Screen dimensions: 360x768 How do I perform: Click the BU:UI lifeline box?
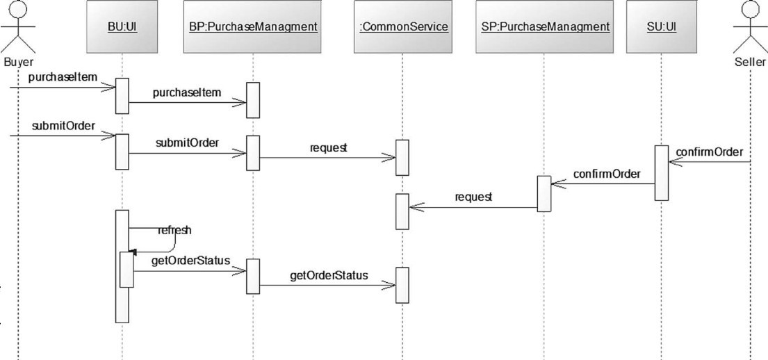tap(122, 27)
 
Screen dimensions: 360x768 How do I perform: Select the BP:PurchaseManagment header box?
tap(253, 27)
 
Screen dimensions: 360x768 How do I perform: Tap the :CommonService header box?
tap(401, 27)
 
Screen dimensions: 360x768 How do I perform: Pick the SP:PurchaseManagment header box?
tap(544, 27)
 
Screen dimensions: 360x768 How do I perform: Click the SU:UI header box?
tap(661, 27)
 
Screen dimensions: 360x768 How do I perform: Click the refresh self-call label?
tap(174, 229)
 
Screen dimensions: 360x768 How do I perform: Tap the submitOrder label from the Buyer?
tap(63, 126)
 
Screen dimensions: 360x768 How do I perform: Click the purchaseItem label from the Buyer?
tap(63, 76)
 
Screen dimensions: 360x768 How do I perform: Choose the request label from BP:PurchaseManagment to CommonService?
tap(329, 148)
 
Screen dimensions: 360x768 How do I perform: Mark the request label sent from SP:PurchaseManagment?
tap(473, 197)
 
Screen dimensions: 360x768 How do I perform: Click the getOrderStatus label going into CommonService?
tap(329, 275)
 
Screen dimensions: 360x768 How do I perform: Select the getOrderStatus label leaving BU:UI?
tap(190, 261)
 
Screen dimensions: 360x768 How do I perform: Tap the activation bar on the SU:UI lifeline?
tap(661, 173)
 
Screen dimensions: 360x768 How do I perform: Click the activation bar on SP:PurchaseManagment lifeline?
tap(544, 193)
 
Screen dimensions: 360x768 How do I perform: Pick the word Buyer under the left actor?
tap(18, 61)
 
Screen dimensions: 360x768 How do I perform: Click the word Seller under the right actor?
tap(751, 61)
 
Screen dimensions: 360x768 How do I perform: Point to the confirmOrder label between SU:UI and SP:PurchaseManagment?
tap(607, 173)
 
